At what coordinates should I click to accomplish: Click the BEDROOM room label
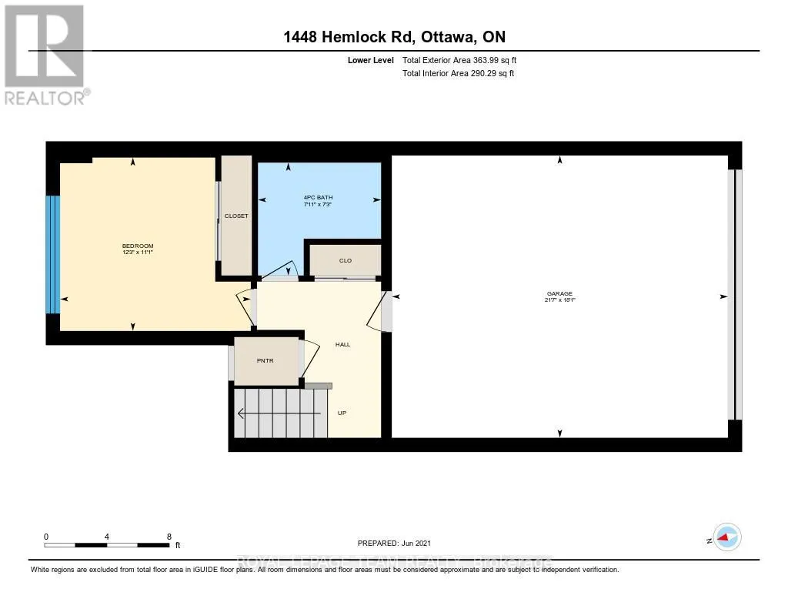click(x=137, y=246)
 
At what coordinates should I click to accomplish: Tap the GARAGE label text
click(x=560, y=293)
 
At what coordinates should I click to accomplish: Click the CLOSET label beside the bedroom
click(x=236, y=216)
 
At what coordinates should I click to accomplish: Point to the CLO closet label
click(x=346, y=261)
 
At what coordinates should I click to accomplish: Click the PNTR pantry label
click(x=265, y=360)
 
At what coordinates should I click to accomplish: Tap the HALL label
click(x=342, y=344)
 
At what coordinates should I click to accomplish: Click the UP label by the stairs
click(x=342, y=413)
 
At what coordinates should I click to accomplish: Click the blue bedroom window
click(x=52, y=254)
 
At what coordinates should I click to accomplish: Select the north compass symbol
click(x=726, y=537)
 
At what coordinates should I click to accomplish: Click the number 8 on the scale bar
click(x=169, y=536)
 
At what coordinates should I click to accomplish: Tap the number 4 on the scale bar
click(x=107, y=536)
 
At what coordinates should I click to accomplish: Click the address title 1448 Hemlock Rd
click(x=393, y=37)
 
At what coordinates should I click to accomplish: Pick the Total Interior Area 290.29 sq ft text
click(x=458, y=74)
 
